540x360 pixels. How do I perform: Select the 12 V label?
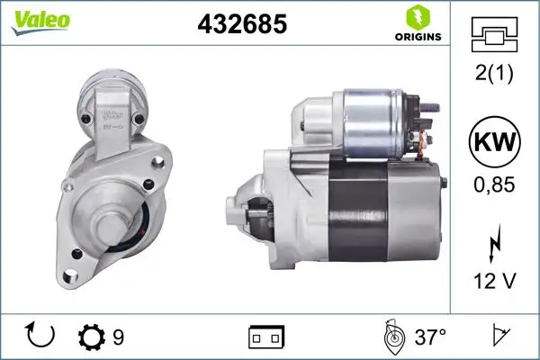[493, 282]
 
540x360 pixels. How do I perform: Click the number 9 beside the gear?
[118, 337]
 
